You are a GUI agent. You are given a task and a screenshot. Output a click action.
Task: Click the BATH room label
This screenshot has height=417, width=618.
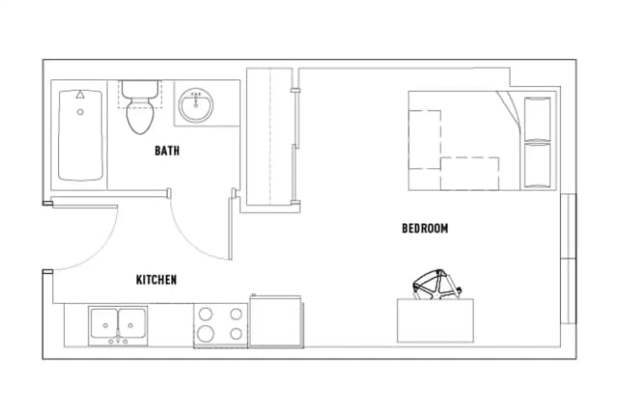pos(167,152)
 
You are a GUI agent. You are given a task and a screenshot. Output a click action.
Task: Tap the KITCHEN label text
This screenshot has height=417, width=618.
pos(155,280)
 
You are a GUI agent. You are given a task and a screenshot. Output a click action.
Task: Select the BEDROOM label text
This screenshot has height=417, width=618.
pos(425,229)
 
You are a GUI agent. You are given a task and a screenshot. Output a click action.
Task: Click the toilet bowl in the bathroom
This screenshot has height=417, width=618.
pos(140,117)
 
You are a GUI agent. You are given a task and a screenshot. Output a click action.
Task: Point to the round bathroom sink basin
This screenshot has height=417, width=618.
pos(198,106)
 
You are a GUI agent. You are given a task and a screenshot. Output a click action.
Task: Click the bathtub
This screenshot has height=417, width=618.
pos(80,136)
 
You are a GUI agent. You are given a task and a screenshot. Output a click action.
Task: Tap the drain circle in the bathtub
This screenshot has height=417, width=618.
pos(80,112)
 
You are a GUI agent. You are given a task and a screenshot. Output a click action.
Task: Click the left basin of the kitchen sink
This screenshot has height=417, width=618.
pos(104,323)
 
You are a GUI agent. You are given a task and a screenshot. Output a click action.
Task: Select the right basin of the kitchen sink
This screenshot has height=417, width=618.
pos(132,323)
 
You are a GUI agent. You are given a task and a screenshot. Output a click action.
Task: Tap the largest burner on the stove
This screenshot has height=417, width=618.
pos(205,334)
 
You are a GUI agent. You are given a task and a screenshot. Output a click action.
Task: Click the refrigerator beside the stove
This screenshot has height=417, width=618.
pos(276,320)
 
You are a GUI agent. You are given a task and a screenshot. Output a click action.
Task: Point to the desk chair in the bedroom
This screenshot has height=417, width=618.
pos(436,283)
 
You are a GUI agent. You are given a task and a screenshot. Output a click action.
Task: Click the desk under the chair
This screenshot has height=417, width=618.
pos(435,320)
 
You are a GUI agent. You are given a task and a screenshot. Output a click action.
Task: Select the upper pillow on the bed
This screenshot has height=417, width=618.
pos(537,117)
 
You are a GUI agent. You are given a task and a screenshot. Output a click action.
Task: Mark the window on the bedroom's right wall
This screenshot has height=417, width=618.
pos(569,259)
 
